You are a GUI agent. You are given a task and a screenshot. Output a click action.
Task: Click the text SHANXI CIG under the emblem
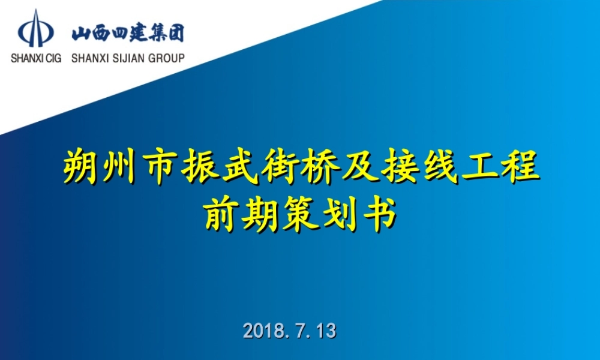(x=35, y=58)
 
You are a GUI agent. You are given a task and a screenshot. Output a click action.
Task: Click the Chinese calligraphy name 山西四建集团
(x=128, y=32)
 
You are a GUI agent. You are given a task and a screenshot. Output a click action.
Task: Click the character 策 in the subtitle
(x=300, y=215)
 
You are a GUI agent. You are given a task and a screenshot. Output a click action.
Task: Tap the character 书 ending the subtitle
(x=379, y=215)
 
